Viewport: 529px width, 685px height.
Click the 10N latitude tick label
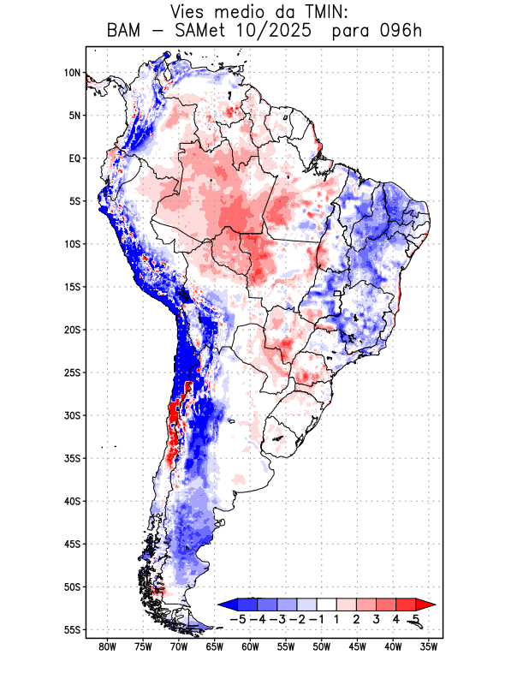[72, 73]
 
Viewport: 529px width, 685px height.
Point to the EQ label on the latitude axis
[74, 158]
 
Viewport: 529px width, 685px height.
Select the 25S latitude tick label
[72, 372]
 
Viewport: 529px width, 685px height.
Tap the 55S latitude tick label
[72, 629]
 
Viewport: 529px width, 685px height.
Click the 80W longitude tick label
[108, 646]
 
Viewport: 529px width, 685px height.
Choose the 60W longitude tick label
[251, 646]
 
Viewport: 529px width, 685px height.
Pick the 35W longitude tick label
[430, 646]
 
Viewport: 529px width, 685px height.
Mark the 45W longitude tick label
[358, 646]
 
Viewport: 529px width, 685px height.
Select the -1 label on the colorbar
[316, 618]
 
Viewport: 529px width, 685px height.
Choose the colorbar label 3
[377, 618]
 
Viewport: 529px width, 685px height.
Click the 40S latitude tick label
[72, 501]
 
